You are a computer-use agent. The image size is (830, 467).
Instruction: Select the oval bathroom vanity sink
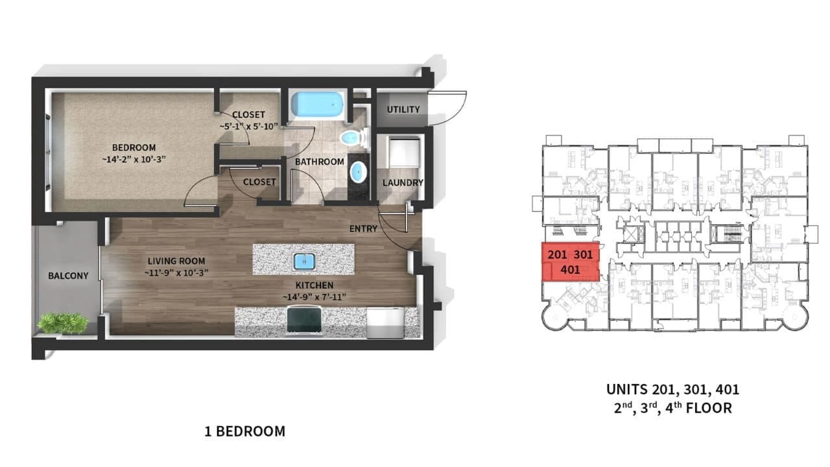point(357,173)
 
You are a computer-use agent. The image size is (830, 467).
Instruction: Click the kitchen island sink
point(303,261)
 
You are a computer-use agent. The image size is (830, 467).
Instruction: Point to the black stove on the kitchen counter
point(305,321)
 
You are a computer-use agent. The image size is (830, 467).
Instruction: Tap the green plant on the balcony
point(63,322)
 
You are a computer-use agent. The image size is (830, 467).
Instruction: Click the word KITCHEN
point(314,285)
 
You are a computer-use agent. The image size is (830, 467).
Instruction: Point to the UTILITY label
point(403,110)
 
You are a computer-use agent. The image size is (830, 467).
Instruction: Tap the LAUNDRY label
point(402,183)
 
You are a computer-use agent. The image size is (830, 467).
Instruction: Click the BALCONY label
point(68,276)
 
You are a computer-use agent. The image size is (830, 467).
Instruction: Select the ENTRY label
point(364,229)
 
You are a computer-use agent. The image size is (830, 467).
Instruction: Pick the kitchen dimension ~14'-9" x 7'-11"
point(314,297)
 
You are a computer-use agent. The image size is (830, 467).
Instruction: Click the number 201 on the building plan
point(557,254)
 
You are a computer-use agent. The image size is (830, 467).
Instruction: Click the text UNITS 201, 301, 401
point(672,390)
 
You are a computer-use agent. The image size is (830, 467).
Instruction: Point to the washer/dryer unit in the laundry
point(403,153)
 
